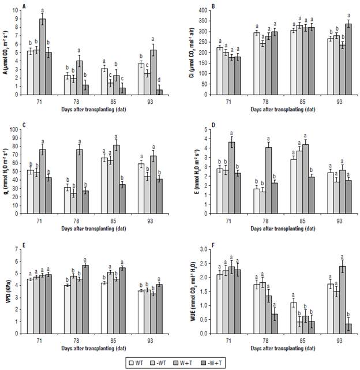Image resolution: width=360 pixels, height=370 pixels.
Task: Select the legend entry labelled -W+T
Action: pos(226,362)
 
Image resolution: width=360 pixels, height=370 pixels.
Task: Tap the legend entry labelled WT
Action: pos(137,362)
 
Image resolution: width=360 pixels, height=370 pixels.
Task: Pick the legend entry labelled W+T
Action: pos(192,362)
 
